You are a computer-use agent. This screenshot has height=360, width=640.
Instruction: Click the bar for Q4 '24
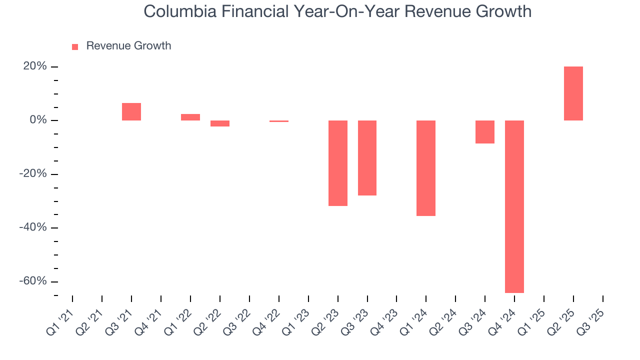click(x=514, y=206)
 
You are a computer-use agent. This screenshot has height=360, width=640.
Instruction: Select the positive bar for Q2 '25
click(x=573, y=93)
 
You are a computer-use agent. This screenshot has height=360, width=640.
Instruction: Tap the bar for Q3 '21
click(x=131, y=111)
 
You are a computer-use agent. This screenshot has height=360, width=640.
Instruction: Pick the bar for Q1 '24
click(x=426, y=168)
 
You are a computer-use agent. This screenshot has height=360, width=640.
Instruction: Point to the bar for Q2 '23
click(x=337, y=163)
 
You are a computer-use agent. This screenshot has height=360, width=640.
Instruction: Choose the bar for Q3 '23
click(x=367, y=157)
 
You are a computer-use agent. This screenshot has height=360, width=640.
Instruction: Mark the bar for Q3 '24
click(x=484, y=132)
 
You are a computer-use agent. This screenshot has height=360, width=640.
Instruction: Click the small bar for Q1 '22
click(x=190, y=117)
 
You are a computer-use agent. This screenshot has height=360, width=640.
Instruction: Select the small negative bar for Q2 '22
click(x=220, y=123)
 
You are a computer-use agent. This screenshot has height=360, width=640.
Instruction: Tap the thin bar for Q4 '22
click(x=279, y=121)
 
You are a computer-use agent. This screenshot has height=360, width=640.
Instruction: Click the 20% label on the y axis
click(x=34, y=66)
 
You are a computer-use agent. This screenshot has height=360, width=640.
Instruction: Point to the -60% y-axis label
click(x=32, y=281)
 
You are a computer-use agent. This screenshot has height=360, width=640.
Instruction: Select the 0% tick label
click(x=37, y=120)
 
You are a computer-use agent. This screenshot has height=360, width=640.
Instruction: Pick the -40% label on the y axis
click(x=32, y=227)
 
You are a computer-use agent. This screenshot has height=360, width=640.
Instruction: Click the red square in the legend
click(x=75, y=46)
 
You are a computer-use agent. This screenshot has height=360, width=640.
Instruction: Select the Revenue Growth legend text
click(x=128, y=46)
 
